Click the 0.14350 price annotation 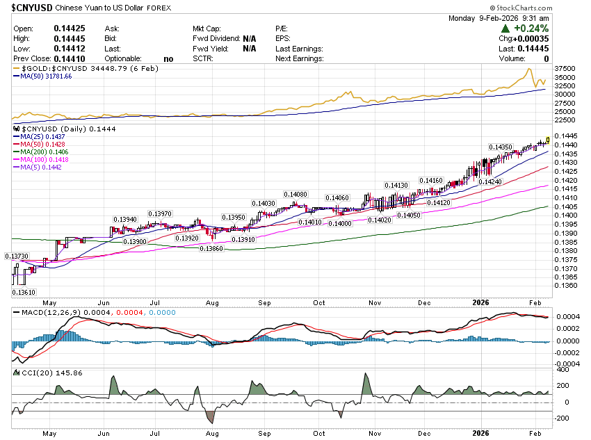501,147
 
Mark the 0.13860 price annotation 211,248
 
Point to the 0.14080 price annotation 295,195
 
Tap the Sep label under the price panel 264,303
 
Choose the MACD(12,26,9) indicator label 46,313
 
